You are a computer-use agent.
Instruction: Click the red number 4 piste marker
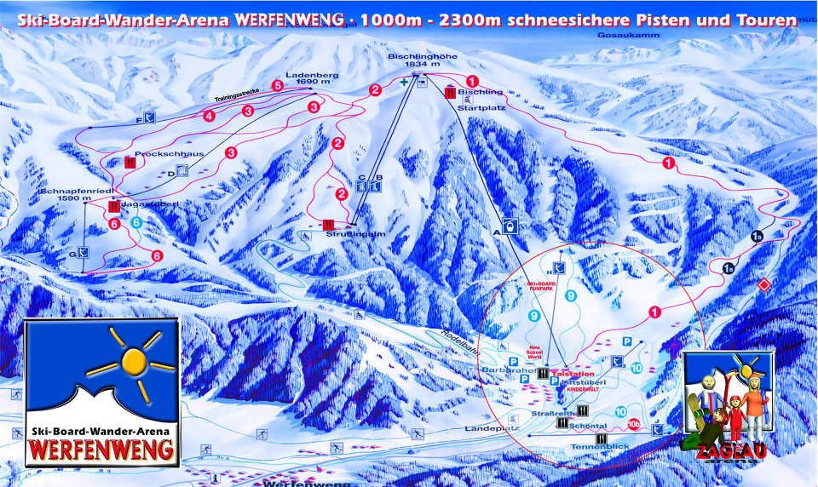point(209,117)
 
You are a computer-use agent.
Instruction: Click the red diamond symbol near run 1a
point(764,284)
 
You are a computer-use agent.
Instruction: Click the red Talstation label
point(573,374)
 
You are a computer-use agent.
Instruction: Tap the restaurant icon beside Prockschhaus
point(130,161)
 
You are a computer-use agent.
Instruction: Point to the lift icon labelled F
point(150,117)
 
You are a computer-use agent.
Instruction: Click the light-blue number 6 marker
point(136,223)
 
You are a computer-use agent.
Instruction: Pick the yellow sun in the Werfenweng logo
point(133,361)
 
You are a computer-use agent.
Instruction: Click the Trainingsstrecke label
point(238,96)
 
